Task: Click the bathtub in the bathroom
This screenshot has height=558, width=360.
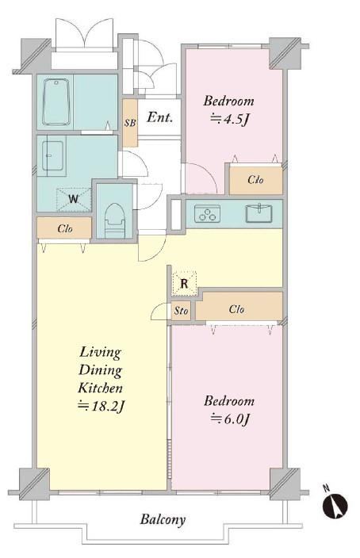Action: point(56,101)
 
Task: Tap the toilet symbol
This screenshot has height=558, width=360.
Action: point(115,220)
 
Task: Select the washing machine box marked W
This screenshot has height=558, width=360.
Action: point(74,199)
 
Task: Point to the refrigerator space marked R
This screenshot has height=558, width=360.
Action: point(184,284)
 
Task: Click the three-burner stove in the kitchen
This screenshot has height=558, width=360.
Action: point(207,213)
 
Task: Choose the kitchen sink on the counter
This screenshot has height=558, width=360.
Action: point(259,213)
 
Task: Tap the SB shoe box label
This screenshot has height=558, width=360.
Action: point(130,123)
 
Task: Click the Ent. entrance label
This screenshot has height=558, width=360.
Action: point(160,117)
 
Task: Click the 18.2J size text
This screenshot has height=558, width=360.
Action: point(101,406)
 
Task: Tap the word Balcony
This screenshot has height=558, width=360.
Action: point(163,520)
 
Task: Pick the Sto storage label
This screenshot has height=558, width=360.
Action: point(181,311)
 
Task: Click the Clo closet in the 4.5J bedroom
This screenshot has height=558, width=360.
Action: point(256,180)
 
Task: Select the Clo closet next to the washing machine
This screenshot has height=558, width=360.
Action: point(64,228)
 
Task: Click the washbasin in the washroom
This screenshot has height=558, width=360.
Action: point(52,155)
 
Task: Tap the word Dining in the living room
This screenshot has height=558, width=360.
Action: point(101,370)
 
